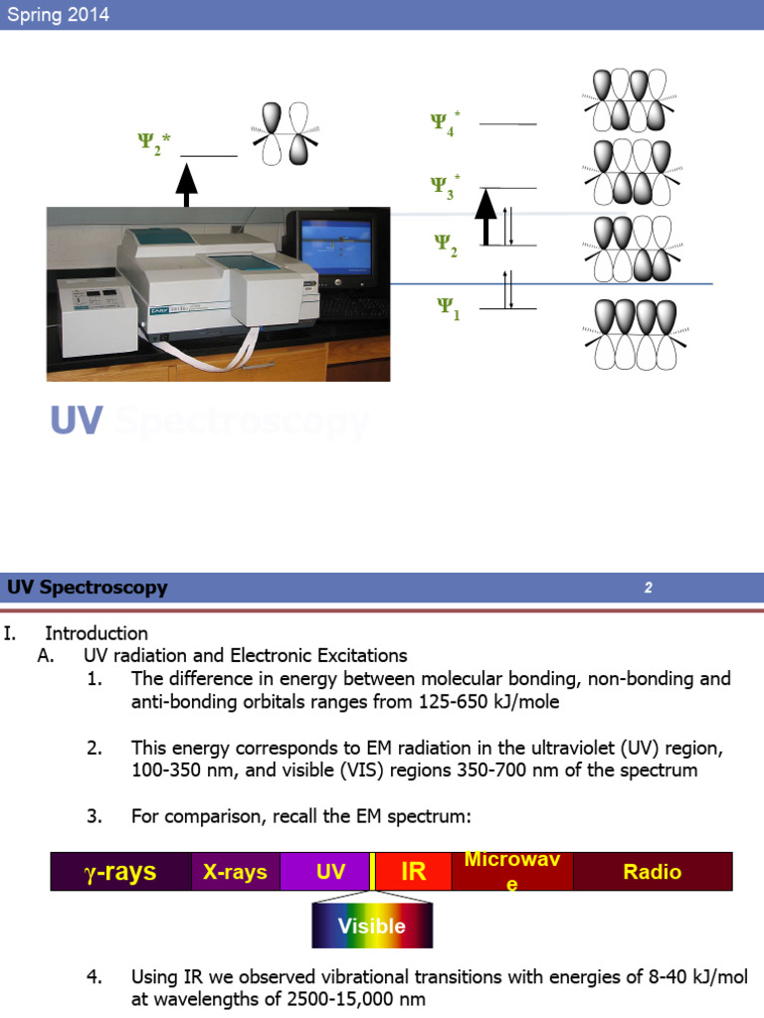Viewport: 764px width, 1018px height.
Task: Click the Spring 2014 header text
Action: (x=58, y=15)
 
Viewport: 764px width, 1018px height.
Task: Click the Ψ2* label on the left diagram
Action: (x=154, y=144)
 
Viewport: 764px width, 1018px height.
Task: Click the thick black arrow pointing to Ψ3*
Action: (x=484, y=217)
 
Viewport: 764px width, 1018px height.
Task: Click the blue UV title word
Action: (x=77, y=421)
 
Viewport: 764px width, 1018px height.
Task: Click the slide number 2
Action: (x=648, y=588)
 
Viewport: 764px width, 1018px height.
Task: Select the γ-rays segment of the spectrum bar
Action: (x=119, y=872)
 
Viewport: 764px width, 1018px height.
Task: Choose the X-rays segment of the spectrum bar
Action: (x=235, y=872)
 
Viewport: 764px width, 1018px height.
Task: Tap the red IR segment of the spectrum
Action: (x=413, y=872)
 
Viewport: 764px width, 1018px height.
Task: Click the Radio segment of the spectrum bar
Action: (x=653, y=872)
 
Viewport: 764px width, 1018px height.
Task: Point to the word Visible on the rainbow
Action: (x=371, y=926)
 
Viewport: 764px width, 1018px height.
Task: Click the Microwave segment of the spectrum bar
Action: (x=511, y=871)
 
